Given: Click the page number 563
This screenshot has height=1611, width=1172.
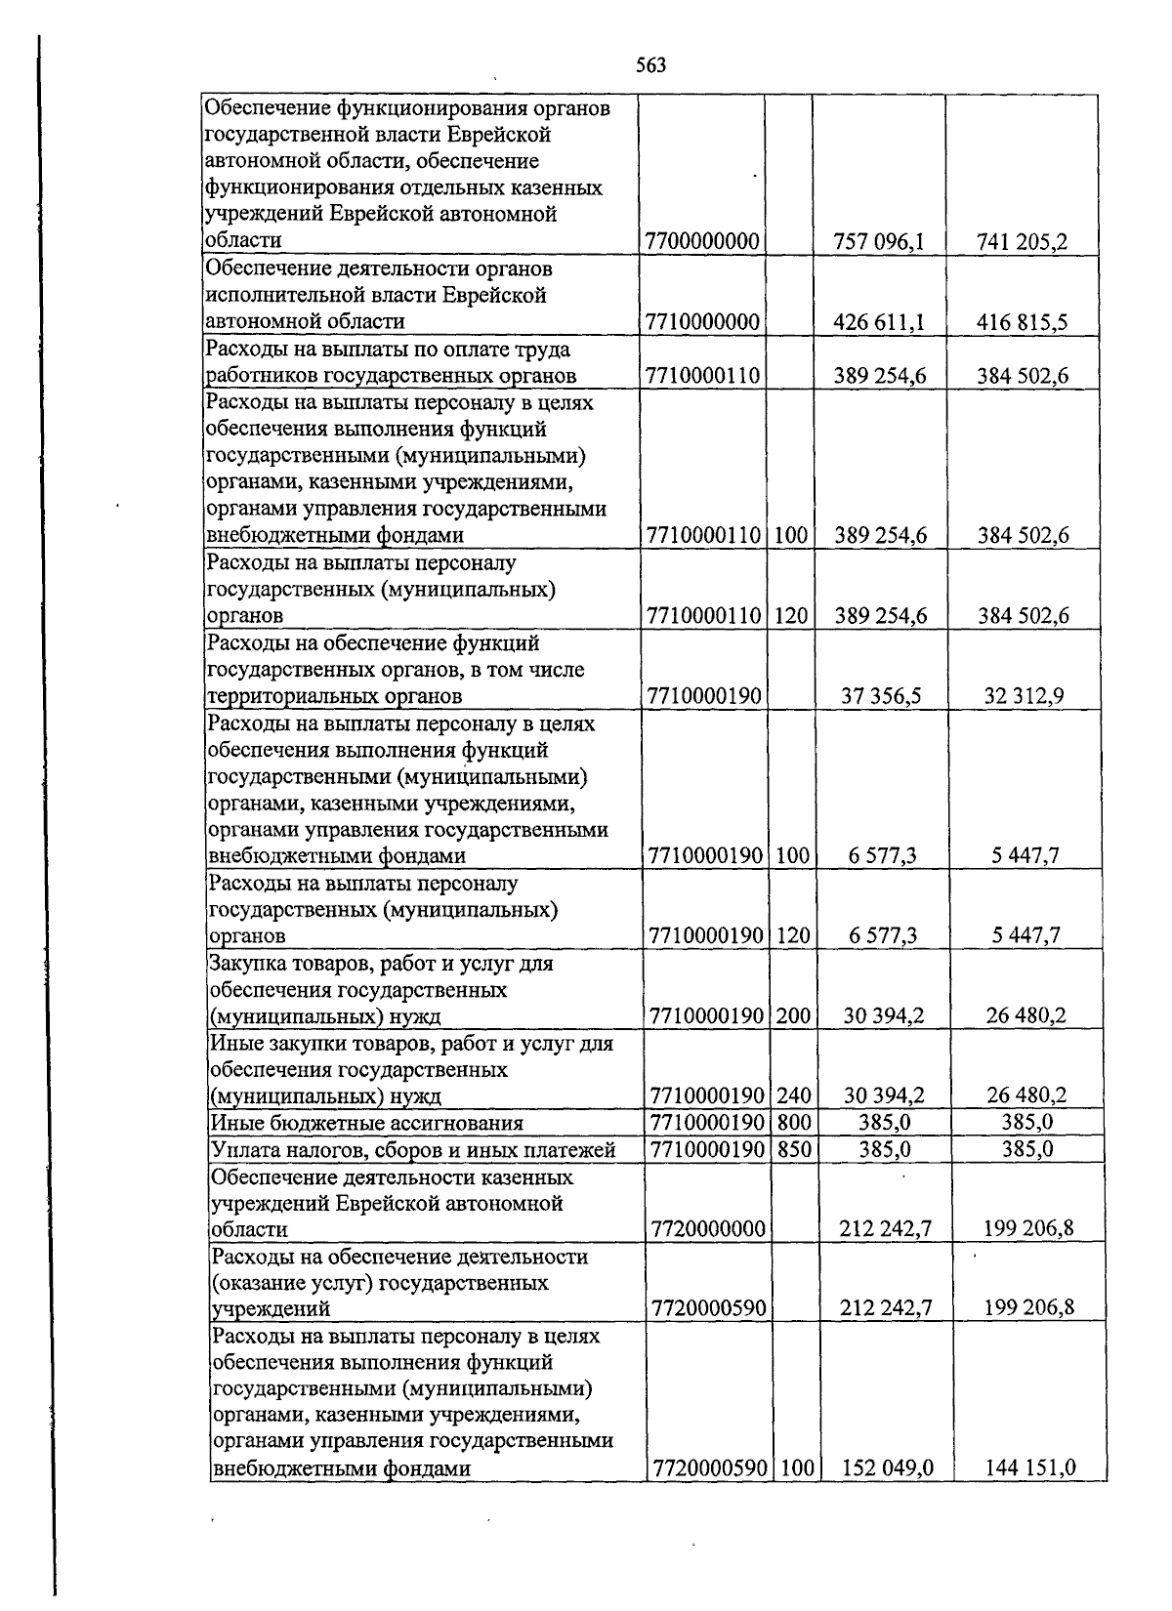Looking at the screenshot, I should pos(650,65).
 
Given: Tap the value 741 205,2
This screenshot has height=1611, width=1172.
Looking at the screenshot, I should pos(1022,241).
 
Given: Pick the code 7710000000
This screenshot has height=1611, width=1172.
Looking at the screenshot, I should pos(702,322).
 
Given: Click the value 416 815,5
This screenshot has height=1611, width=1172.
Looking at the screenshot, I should pos(1022,322).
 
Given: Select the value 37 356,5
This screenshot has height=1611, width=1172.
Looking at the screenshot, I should pos(882,696).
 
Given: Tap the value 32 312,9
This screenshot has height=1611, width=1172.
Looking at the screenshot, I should pos(1025,696).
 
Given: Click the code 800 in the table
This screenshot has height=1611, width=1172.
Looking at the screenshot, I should pos(794,1124).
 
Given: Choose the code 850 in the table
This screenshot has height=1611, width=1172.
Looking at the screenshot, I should pos(794,1150).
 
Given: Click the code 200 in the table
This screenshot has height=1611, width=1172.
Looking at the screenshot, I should pos(794,1016).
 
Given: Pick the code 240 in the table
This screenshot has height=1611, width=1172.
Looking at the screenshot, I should pos(794,1096).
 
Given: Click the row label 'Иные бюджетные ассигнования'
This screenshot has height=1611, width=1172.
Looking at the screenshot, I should pos(367,1124).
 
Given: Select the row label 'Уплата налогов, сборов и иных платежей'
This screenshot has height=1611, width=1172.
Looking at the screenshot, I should pos(413,1150).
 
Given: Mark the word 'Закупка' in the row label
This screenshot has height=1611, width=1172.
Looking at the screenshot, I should pos(246,964).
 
